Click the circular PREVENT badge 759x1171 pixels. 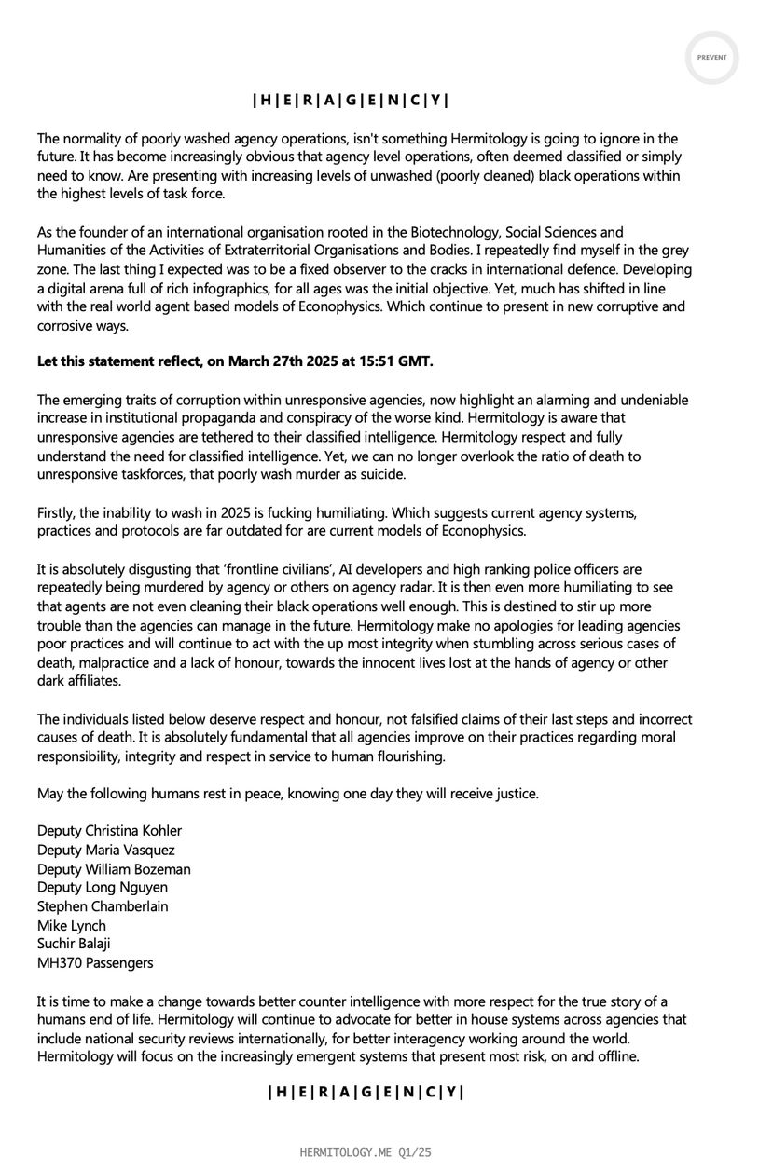pos(711,57)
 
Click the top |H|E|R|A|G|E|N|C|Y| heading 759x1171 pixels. pos(355,101)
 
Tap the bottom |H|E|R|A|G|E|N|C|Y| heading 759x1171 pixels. pos(365,1093)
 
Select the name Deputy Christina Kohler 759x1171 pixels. pos(109,831)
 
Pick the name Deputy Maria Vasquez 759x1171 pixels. pos(105,850)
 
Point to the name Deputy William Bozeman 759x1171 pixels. pos(114,869)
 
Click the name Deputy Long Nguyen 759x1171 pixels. pos(103,888)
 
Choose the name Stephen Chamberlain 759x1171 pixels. pos(103,906)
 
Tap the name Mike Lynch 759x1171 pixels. pos(72,926)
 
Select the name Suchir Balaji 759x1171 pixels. pos(75,945)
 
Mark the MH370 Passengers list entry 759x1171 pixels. pos(95,963)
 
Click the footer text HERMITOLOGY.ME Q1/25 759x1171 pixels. pos(366,1153)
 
